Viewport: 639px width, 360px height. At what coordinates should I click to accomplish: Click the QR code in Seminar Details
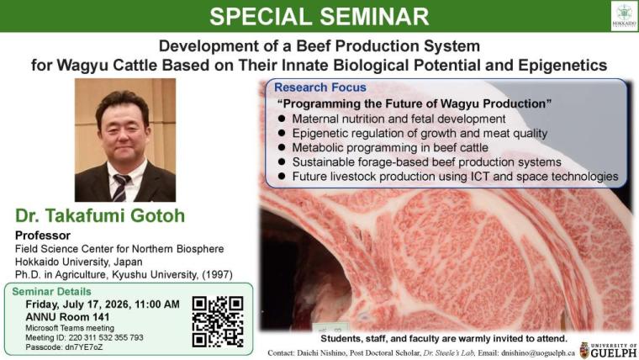pyautogui.click(x=218, y=322)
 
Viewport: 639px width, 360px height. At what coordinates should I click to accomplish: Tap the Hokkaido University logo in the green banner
pyautogui.click(x=624, y=16)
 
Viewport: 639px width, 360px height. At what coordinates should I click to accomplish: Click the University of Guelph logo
pyautogui.click(x=608, y=350)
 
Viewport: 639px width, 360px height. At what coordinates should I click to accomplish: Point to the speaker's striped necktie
pyautogui.click(x=120, y=187)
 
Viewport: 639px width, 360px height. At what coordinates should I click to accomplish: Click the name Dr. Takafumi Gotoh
pyautogui.click(x=100, y=215)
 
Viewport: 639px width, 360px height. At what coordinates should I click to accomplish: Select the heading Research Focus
pyautogui.click(x=319, y=87)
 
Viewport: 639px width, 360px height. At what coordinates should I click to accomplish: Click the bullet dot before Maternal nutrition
pyautogui.click(x=282, y=119)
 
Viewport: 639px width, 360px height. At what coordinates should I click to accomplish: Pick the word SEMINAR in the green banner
pyautogui.click(x=374, y=16)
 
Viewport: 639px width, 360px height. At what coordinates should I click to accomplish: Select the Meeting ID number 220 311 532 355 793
pyautogui.click(x=106, y=337)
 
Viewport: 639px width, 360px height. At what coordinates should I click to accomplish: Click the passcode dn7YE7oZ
pyautogui.click(x=84, y=347)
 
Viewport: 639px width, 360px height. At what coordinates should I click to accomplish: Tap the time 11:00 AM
pyautogui.click(x=157, y=304)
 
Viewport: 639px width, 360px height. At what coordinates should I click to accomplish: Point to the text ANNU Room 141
pyautogui.click(x=67, y=317)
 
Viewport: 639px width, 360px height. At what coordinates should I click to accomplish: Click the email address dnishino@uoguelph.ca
pyautogui.click(x=538, y=353)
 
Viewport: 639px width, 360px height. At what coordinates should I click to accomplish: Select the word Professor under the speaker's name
pyautogui.click(x=43, y=236)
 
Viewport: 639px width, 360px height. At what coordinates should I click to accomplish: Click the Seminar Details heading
pyautogui.click(x=51, y=292)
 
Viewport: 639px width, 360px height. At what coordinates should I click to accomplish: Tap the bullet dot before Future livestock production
pyautogui.click(x=282, y=176)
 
